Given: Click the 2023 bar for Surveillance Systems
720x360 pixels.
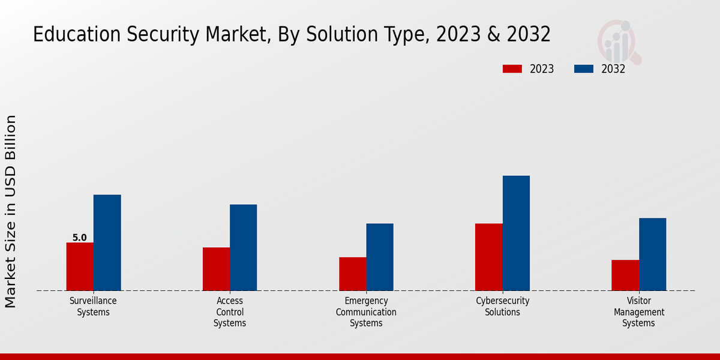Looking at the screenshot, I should (x=80, y=266).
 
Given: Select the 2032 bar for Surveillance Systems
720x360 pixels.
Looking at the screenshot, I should (x=107, y=242).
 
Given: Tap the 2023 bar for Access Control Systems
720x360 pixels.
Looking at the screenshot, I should (x=216, y=269).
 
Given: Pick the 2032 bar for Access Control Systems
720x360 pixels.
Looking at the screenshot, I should (x=243, y=247).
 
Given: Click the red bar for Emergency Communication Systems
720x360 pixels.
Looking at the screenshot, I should (x=352, y=274).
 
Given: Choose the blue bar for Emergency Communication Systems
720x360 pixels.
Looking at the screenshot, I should (x=380, y=257).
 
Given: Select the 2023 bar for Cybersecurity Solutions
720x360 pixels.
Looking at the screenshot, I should (x=488, y=257).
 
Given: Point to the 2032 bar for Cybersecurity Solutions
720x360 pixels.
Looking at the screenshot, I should (x=516, y=233).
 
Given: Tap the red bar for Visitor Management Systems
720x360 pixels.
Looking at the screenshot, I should (x=625, y=275).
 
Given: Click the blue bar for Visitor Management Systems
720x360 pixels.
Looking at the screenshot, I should (x=652, y=254).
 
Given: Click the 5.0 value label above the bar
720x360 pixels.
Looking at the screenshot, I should (x=80, y=238).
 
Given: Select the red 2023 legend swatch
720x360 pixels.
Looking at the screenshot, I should (x=512, y=69).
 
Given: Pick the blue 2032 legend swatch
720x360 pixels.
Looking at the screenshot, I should (x=583, y=69).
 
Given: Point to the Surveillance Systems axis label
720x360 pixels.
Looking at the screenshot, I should (x=93, y=307).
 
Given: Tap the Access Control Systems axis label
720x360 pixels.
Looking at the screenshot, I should (x=230, y=312).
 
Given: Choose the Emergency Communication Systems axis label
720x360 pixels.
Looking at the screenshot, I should (x=366, y=312).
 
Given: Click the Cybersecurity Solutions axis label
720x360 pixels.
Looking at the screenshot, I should (x=503, y=307).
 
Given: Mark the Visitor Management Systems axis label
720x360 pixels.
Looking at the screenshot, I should (x=639, y=312).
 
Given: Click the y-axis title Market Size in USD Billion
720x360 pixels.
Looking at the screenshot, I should (x=11, y=211).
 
